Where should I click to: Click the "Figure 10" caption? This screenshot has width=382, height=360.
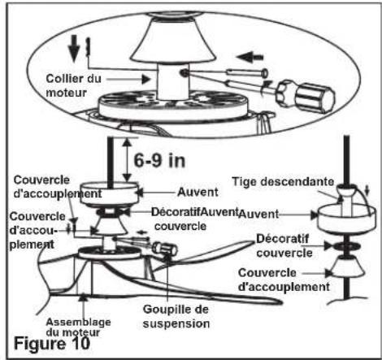52,344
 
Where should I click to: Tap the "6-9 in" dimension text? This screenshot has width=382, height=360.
159,160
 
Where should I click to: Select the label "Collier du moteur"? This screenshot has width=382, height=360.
73,85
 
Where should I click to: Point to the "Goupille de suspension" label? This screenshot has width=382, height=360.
176,316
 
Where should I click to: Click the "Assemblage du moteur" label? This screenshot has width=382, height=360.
78,327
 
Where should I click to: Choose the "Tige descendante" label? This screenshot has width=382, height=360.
283,181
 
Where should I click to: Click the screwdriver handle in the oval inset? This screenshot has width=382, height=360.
306,94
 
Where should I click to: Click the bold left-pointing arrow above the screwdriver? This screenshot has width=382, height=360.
250,58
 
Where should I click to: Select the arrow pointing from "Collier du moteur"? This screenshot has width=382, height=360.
128,80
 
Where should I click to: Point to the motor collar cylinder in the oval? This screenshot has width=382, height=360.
172,80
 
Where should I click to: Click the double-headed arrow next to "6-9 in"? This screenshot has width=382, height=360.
127,159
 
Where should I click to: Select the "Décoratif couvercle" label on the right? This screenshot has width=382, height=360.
284,246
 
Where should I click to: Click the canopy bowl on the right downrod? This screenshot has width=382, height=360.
347,219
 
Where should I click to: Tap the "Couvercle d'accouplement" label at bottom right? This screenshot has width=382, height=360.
284,280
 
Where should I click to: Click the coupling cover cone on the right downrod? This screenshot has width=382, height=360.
347,267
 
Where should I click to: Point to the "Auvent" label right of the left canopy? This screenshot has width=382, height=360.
198,193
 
